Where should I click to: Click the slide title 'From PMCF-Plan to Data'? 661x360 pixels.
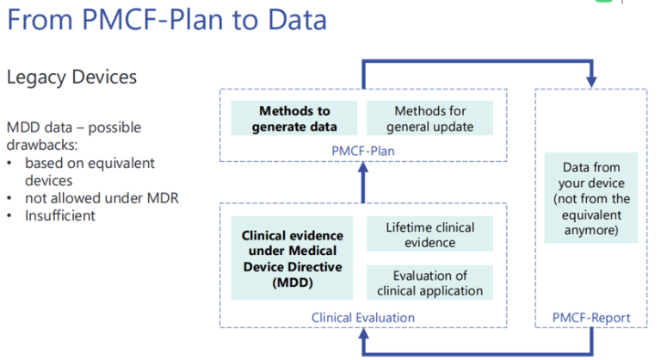coord(167,20)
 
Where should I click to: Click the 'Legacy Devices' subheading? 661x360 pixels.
coord(71,78)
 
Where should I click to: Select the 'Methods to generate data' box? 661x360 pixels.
coord(294,118)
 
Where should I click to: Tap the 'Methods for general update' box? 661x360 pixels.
coord(430,118)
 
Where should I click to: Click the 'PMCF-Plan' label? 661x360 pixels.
coord(363,151)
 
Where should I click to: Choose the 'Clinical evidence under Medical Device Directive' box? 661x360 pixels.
coord(292,258)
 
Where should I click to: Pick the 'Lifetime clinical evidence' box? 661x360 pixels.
coord(430,234)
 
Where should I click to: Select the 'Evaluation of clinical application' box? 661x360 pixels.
coord(430,282)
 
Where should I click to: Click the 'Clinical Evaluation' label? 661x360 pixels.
coord(363,318)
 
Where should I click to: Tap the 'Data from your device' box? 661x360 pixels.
coord(591,198)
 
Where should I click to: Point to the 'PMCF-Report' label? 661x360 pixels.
coord(591,318)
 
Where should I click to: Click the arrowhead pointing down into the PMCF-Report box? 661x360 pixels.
coord(591,82)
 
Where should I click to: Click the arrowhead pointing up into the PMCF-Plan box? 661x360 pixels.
coord(363,168)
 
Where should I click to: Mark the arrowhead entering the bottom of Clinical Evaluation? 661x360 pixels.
coord(363,334)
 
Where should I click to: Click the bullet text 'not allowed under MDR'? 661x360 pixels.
coord(102,198)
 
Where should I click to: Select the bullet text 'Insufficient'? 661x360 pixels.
coord(60,215)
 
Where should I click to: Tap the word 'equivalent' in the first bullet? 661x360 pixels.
coord(123,164)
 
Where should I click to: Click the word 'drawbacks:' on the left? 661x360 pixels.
coord(42,146)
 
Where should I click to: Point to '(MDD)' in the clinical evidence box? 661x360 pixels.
coord(293,282)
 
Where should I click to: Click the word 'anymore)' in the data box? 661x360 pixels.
coord(591,231)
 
